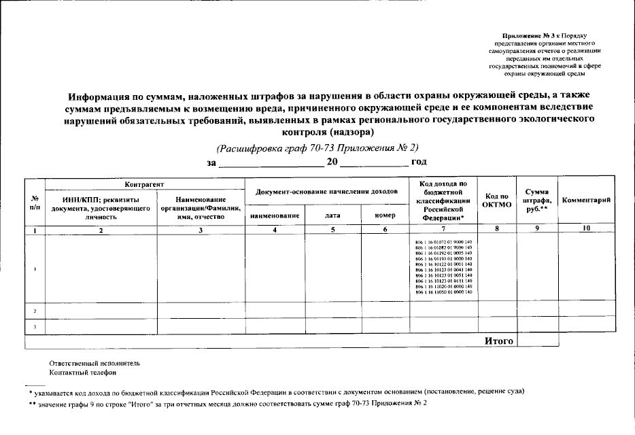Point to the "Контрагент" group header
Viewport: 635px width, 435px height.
point(144,184)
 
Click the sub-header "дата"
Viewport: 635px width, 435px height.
point(332,215)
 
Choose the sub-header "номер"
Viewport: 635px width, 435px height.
point(384,215)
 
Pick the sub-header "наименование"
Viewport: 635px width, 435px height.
point(275,215)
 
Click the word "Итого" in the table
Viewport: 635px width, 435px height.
point(498,341)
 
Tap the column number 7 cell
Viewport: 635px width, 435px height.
point(443,230)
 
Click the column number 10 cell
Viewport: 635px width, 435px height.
point(585,230)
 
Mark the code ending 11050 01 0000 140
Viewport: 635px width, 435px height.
point(443,292)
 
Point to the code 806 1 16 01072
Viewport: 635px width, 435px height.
point(443,243)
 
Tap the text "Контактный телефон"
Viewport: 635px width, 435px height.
point(83,372)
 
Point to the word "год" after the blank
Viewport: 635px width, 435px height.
point(419,162)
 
